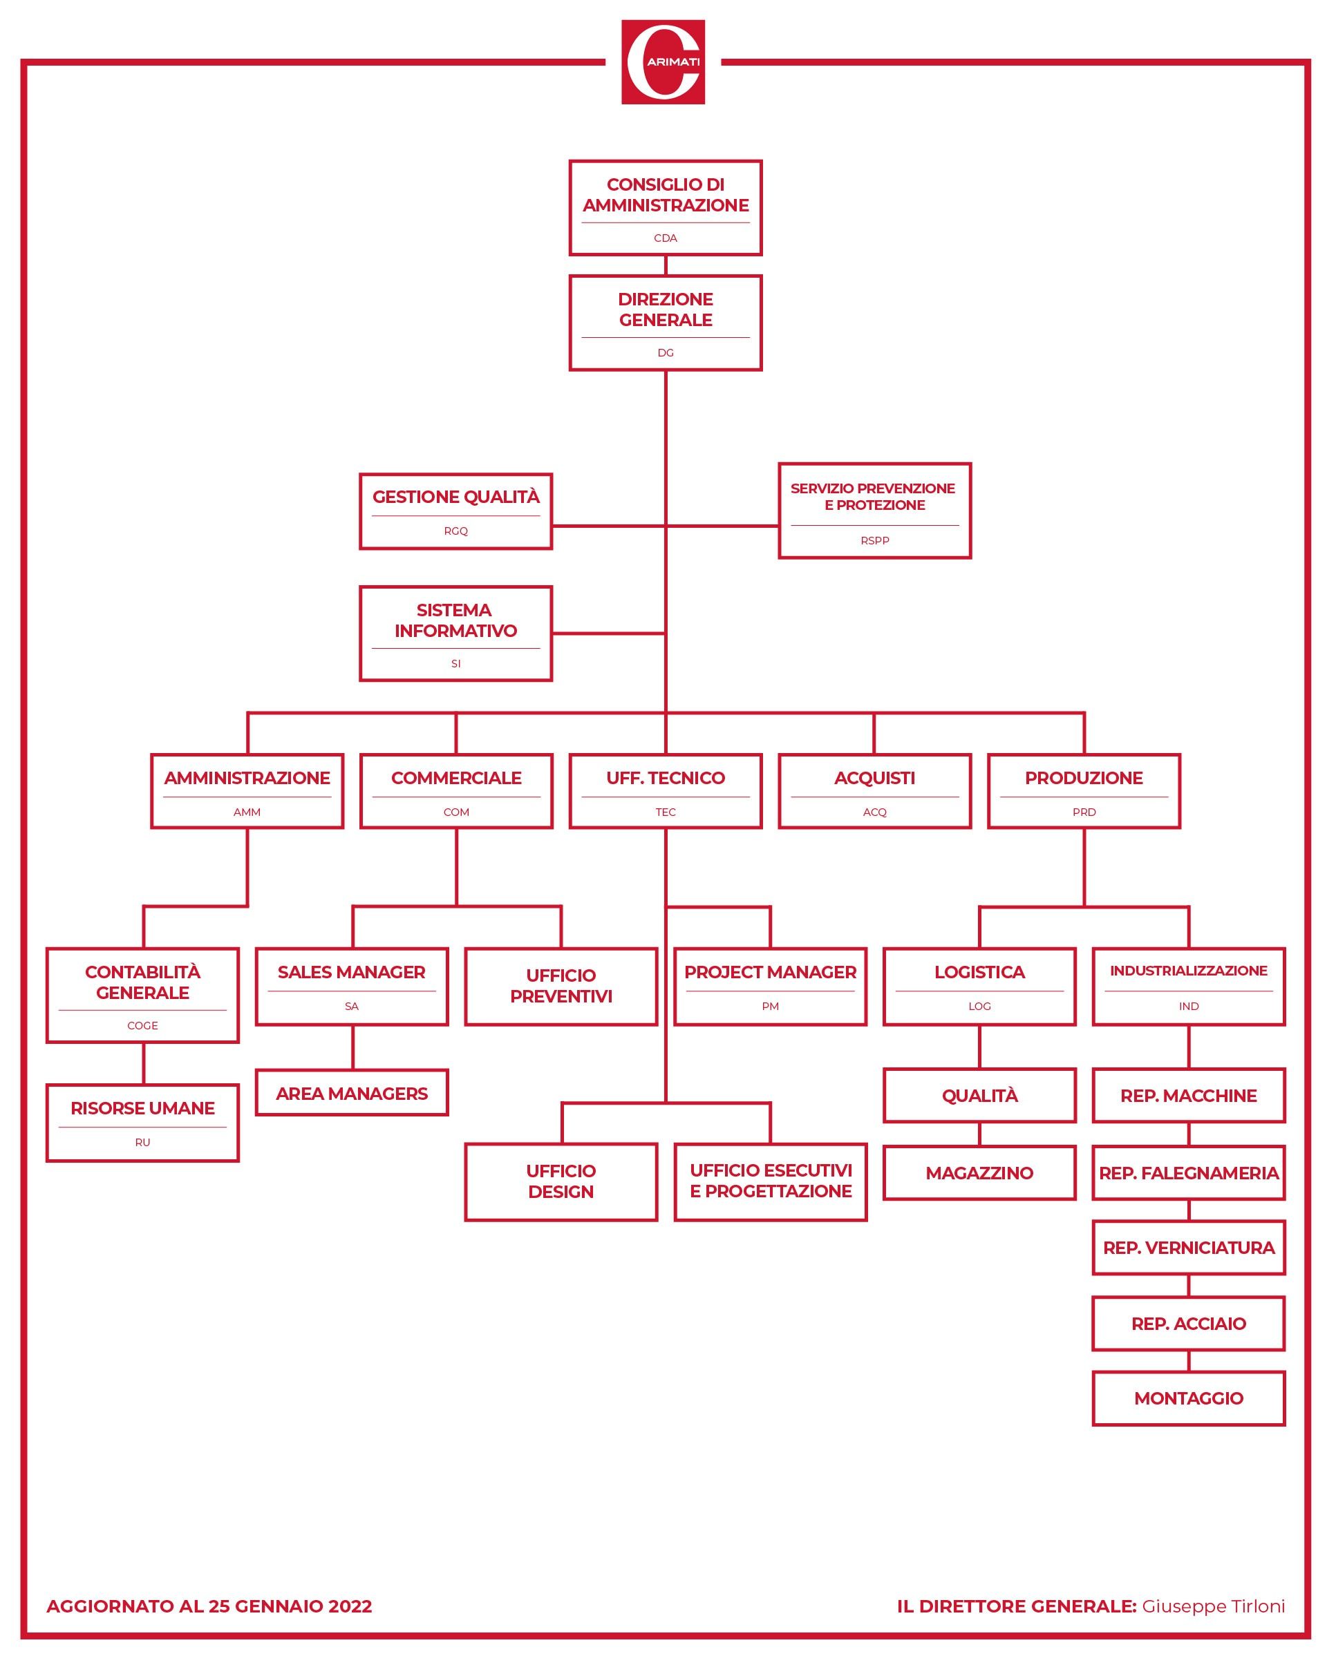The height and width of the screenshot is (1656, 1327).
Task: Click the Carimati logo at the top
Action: point(662,62)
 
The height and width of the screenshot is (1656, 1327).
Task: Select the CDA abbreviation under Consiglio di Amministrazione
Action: point(666,238)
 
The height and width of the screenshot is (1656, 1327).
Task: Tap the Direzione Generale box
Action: point(666,323)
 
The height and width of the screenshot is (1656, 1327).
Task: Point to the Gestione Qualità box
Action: point(455,511)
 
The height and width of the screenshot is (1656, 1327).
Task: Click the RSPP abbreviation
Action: point(874,541)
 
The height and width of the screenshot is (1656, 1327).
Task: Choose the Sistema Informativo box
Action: point(455,633)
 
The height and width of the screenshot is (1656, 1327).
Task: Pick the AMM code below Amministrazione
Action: point(247,812)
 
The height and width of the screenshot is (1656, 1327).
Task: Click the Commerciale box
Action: point(455,790)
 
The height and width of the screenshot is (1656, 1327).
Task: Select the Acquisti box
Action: point(874,790)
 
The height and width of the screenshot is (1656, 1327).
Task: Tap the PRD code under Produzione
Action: point(1084,812)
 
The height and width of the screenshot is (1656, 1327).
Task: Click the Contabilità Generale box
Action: point(143,995)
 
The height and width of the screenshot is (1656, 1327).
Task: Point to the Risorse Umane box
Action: point(143,1122)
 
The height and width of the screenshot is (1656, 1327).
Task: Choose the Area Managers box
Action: point(352,1093)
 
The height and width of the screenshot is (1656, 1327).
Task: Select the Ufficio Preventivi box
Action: point(561,987)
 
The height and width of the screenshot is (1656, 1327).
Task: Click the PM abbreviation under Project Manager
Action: point(770,1006)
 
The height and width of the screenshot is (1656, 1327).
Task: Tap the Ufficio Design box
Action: point(561,1181)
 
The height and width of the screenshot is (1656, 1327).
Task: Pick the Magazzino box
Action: point(979,1173)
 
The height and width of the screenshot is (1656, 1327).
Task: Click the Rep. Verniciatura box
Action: point(1188,1248)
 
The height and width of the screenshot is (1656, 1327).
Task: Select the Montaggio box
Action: point(1188,1398)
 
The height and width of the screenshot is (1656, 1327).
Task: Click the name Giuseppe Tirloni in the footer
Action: point(1212,1606)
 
